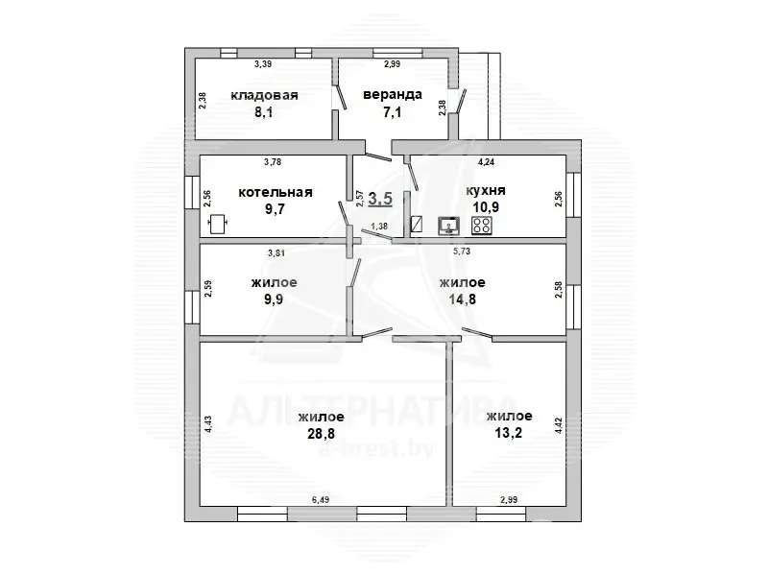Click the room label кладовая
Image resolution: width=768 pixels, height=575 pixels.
[264, 95]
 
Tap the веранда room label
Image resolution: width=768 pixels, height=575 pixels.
[393, 94]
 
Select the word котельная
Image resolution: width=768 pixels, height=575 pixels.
[276, 192]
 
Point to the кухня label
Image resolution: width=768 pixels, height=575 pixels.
[486, 190]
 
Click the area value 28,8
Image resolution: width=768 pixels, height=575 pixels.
[321, 434]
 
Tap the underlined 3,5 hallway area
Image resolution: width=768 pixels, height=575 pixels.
[380, 199]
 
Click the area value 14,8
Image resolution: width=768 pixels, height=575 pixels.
[463, 299]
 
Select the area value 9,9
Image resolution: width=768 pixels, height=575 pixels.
[274, 299]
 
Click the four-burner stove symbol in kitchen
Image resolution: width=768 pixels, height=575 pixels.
[482, 226]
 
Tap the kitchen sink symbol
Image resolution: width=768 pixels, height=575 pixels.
[448, 226]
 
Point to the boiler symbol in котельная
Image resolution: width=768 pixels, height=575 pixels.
[218, 225]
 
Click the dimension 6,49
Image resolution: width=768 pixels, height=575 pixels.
[321, 500]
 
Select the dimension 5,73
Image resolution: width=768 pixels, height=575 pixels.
[462, 252]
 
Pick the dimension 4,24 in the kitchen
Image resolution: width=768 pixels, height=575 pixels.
[486, 163]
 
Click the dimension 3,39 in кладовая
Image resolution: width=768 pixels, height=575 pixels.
[262, 63]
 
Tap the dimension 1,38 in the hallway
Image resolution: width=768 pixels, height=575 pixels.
[379, 226]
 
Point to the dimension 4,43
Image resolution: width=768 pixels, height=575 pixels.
[208, 424]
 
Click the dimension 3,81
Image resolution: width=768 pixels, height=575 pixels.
[276, 253]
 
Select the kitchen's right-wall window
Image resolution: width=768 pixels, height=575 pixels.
[573, 195]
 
